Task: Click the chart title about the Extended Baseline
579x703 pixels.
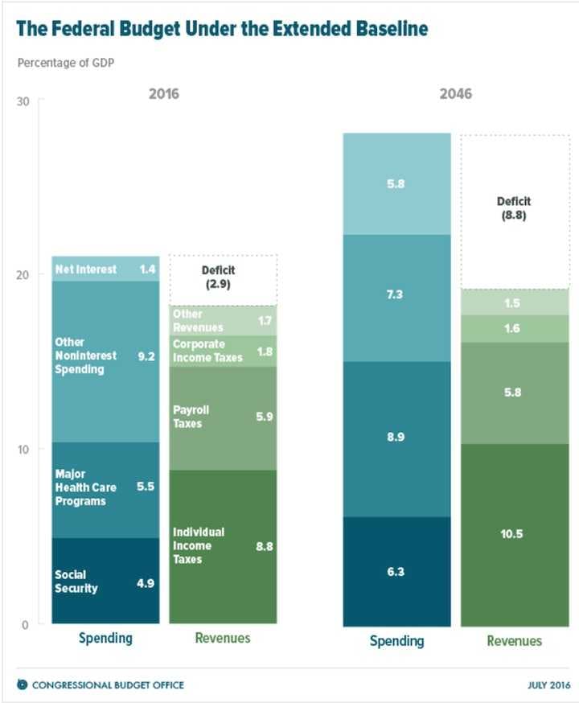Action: (222, 30)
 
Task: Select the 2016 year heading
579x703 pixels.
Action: (164, 94)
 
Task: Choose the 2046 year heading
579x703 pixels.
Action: (455, 94)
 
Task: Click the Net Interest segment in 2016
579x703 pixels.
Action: (105, 269)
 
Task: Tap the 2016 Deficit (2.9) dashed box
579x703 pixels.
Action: (223, 279)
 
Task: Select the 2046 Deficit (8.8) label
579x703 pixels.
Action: (514, 208)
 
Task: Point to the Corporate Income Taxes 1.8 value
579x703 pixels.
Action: (264, 351)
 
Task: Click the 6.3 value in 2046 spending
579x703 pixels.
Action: (396, 572)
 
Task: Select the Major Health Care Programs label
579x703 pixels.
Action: (85, 487)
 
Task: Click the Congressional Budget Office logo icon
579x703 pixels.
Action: (23, 684)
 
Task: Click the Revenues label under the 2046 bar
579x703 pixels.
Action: (514, 641)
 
